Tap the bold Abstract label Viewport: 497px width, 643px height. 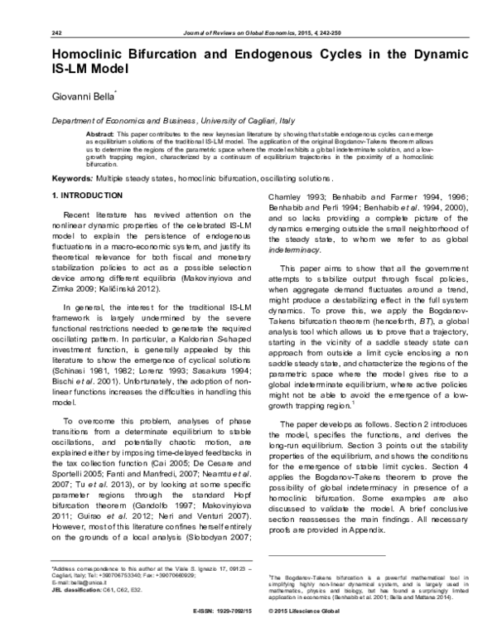point(100,133)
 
